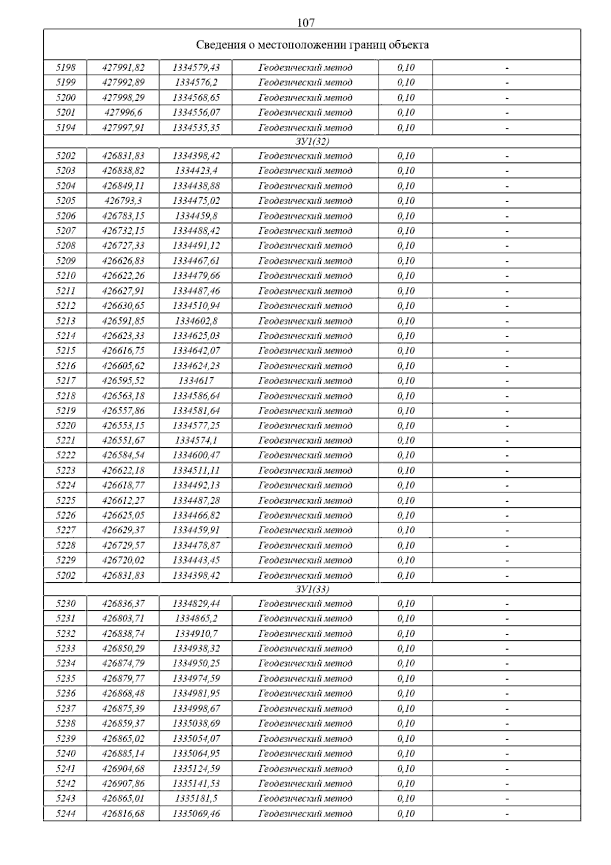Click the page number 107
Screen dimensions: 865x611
pos(305,22)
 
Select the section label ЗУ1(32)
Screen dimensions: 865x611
pos(312,142)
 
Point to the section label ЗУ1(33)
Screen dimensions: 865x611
pos(312,589)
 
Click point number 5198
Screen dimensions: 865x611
pos(66,67)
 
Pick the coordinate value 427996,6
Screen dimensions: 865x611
pos(123,112)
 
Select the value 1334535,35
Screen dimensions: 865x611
pos(196,127)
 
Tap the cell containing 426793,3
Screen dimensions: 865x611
pos(123,201)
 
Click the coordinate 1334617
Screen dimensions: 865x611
pos(196,381)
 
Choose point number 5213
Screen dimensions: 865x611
pos(66,321)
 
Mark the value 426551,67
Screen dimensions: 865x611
pos(123,441)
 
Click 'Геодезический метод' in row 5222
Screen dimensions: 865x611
pos(305,455)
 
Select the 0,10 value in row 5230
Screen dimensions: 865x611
pos(406,604)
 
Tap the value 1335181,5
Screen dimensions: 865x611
pos(196,798)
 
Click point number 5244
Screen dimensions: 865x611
pos(66,814)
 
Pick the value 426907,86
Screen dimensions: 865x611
pos(123,783)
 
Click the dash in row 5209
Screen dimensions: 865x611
pos(507,261)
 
